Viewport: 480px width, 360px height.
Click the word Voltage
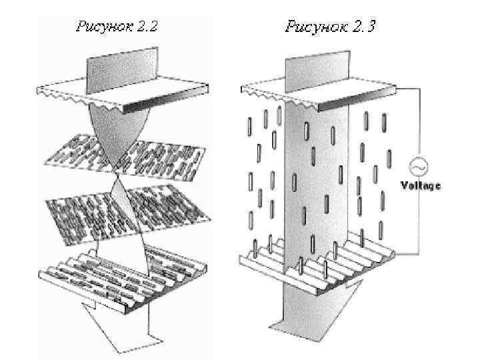point(420,185)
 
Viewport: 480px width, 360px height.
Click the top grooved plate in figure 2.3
point(320,94)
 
